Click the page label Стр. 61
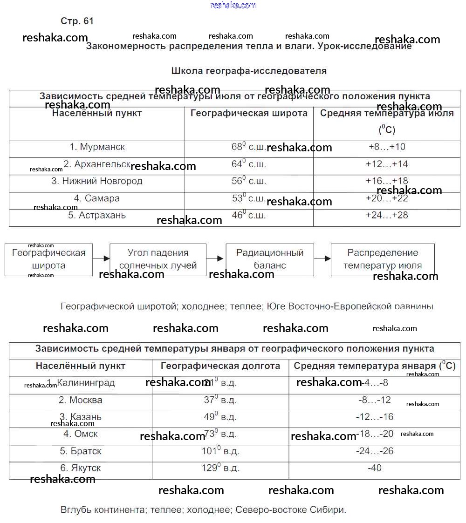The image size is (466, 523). tap(77, 21)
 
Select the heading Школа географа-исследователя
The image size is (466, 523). tap(249, 71)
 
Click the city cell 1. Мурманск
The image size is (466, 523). tap(97, 147)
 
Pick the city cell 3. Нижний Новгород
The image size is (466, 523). tap(97, 181)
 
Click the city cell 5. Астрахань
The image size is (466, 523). tap(97, 216)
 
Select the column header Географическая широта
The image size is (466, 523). tap(249, 113)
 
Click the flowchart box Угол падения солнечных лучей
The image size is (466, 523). tap(158, 259)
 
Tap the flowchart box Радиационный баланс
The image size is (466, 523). tap(269, 259)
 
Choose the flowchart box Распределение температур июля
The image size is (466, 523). tap(382, 259)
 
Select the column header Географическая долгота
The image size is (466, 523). tap(220, 366)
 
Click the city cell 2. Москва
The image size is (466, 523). tap(81, 400)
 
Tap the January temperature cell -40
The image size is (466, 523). tap(374, 468)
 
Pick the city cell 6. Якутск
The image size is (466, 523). tap(81, 468)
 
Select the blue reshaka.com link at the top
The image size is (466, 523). tap(233, 5)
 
